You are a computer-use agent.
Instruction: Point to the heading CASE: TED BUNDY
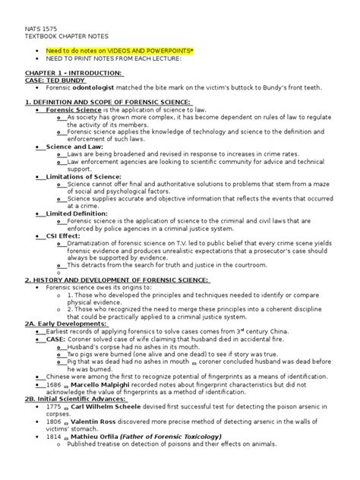coord(53,81)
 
